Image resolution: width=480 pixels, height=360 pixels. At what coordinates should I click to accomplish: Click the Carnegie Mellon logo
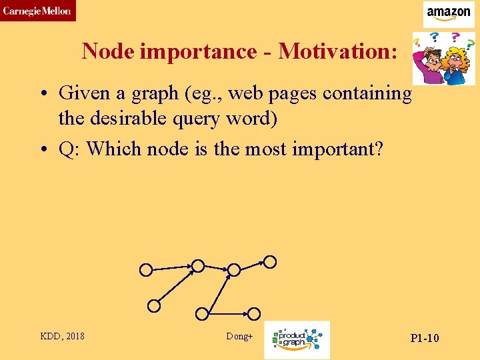[x=37, y=11]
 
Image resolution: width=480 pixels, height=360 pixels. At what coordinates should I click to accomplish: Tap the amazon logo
[x=449, y=13]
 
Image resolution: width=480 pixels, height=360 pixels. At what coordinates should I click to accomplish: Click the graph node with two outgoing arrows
[x=234, y=269]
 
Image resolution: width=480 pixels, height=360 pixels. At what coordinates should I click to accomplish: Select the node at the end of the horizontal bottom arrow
[x=255, y=313]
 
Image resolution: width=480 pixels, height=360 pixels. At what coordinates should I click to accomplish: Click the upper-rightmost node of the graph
[x=269, y=262]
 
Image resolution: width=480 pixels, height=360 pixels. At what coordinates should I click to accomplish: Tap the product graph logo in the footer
[x=297, y=339]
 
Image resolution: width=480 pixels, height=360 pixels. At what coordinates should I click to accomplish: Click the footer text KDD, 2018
[x=63, y=337]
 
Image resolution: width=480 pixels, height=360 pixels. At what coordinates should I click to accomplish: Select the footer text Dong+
[x=239, y=337]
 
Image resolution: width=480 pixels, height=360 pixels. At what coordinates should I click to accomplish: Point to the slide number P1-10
[x=424, y=338]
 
